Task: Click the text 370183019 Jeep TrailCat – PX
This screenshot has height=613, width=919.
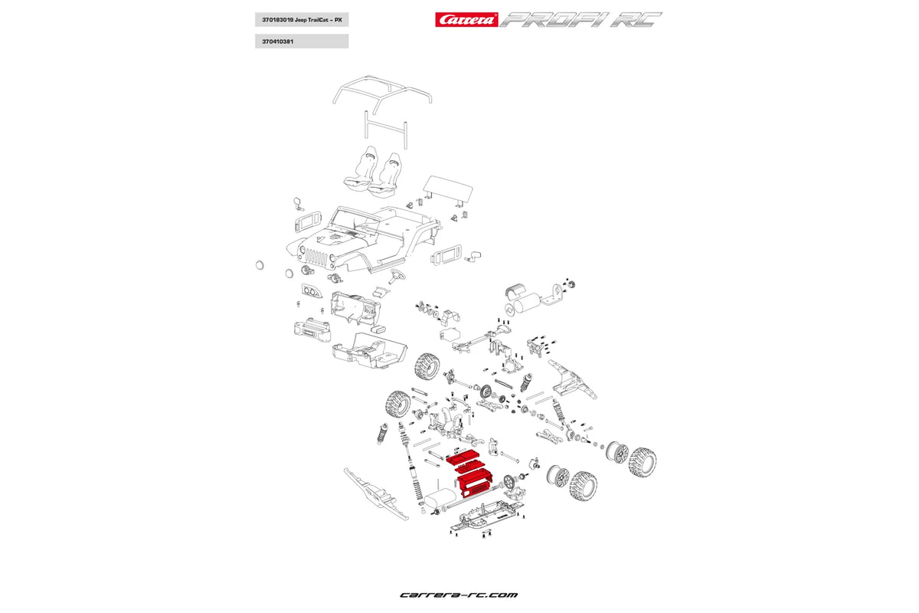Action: click(x=302, y=19)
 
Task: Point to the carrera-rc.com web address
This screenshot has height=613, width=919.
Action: click(x=459, y=595)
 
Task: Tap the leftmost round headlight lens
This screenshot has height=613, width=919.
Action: click(x=259, y=264)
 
